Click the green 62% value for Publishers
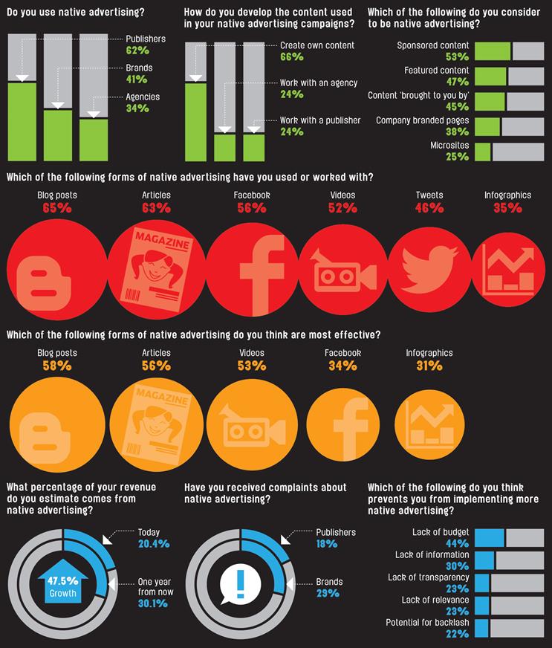[137, 51]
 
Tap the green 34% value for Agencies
[137, 108]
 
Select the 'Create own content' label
[317, 45]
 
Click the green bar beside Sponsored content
[493, 51]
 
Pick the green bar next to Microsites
[483, 152]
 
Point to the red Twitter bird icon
[429, 268]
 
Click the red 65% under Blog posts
[57, 208]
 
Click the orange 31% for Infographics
[429, 366]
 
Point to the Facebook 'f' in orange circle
[351, 429]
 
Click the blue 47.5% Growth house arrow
[62, 580]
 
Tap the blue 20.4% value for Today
[154, 544]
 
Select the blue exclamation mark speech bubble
[240, 584]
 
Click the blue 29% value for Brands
[328, 594]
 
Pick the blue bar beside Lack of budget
[489, 538]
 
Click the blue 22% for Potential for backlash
[458, 634]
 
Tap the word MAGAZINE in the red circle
[163, 241]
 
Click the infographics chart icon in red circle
[510, 270]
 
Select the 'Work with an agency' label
[319, 83]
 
